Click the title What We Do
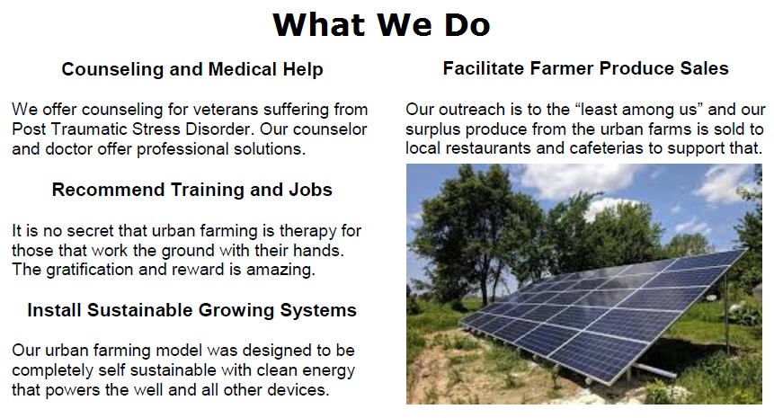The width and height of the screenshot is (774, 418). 381,24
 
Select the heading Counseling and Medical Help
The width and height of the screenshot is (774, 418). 192,69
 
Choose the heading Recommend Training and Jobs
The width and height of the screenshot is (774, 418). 192,190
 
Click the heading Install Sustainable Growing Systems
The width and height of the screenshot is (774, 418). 192,310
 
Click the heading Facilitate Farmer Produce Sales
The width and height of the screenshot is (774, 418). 585,68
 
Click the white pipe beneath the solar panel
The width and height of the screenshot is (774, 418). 654,370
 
